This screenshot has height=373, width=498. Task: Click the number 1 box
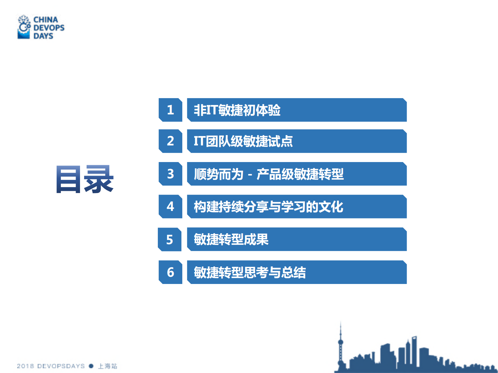[170, 110]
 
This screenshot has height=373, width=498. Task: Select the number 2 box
[170, 141]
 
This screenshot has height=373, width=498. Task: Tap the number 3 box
[170, 174]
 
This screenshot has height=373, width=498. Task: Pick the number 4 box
[170, 206]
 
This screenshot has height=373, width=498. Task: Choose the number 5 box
[170, 239]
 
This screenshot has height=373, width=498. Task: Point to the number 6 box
[170, 272]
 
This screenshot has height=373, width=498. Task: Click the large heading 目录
[85, 179]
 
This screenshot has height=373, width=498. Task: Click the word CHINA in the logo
[46, 20]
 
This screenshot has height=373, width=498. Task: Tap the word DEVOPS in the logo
[49, 28]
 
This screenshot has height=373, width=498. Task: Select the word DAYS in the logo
[43, 36]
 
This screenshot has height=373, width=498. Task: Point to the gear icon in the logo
[24, 27]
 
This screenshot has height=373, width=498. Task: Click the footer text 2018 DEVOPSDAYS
[51, 366]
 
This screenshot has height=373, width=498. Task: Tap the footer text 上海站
[108, 366]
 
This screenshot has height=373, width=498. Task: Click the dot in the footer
[91, 366]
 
